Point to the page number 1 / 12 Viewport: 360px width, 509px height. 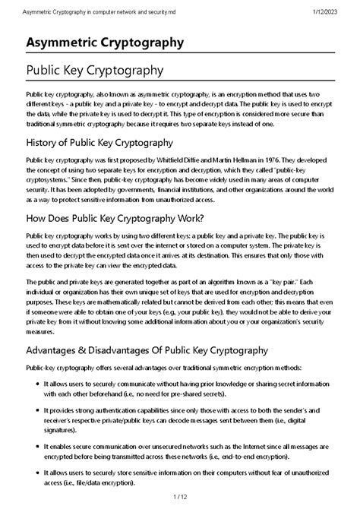(179, 498)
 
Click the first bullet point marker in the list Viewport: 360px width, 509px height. (36, 386)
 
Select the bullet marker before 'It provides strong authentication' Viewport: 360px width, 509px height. (36, 409)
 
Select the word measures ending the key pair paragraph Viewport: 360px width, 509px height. (42, 330)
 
